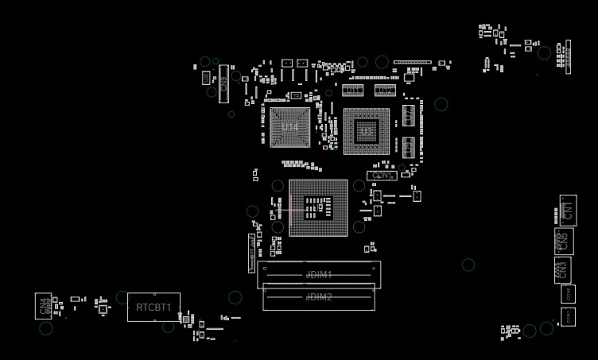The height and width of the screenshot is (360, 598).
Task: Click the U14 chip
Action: (290, 127)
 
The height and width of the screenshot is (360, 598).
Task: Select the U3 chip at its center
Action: (366, 131)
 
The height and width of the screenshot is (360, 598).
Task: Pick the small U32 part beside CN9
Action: (205, 78)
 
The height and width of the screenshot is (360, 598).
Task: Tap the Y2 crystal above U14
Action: (296, 95)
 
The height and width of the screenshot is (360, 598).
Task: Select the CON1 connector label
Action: (382, 175)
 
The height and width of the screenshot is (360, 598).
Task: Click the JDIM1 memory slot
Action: (319, 275)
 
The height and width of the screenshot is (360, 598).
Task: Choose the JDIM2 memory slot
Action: (319, 297)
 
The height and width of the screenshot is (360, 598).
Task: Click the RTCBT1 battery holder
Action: (153, 307)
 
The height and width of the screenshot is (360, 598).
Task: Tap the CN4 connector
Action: (43, 306)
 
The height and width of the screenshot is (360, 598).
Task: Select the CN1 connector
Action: (567, 211)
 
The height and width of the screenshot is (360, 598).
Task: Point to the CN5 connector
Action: (564, 240)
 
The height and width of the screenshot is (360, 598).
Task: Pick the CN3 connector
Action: (562, 269)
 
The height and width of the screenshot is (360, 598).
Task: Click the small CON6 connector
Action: (568, 293)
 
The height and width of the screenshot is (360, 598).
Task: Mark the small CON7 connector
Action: (568, 316)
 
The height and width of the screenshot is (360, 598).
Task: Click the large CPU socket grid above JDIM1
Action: (319, 207)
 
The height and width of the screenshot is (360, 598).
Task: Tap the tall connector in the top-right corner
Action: (568, 56)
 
